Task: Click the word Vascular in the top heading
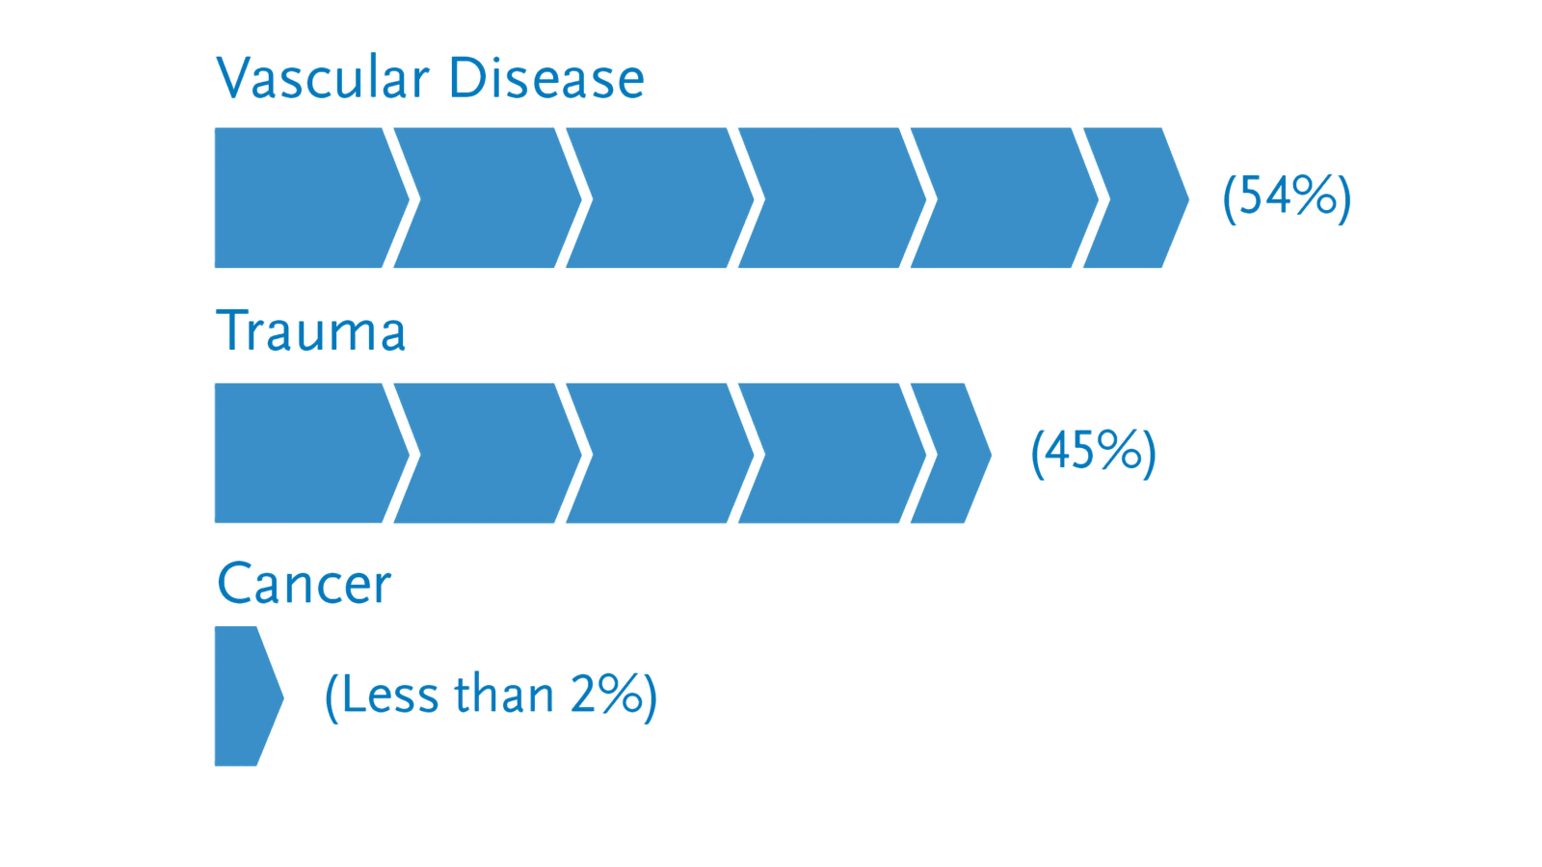(x=323, y=77)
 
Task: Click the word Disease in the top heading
(x=546, y=77)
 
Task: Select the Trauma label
(x=311, y=330)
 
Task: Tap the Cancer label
(x=304, y=583)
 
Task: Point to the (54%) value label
(x=1287, y=197)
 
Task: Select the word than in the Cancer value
(x=504, y=694)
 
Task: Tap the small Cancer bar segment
(x=244, y=696)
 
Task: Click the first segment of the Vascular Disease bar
(x=306, y=197)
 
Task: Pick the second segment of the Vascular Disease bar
(x=483, y=197)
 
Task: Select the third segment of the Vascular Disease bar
(x=655, y=197)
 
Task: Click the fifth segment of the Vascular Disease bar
(x=999, y=197)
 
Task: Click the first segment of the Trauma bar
(x=306, y=454)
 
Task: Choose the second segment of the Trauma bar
(x=483, y=454)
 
